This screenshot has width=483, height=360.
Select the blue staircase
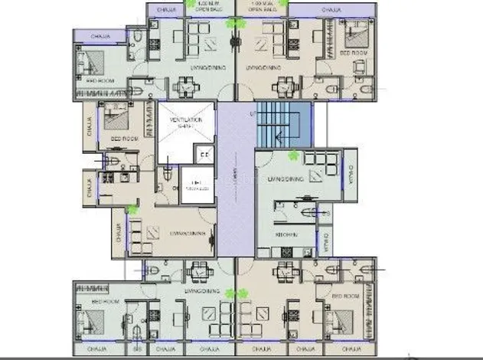click(283, 124)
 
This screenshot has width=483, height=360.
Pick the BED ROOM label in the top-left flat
click(100, 80)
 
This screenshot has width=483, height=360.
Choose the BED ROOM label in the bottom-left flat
click(104, 302)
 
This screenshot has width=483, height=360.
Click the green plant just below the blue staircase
click(292, 155)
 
